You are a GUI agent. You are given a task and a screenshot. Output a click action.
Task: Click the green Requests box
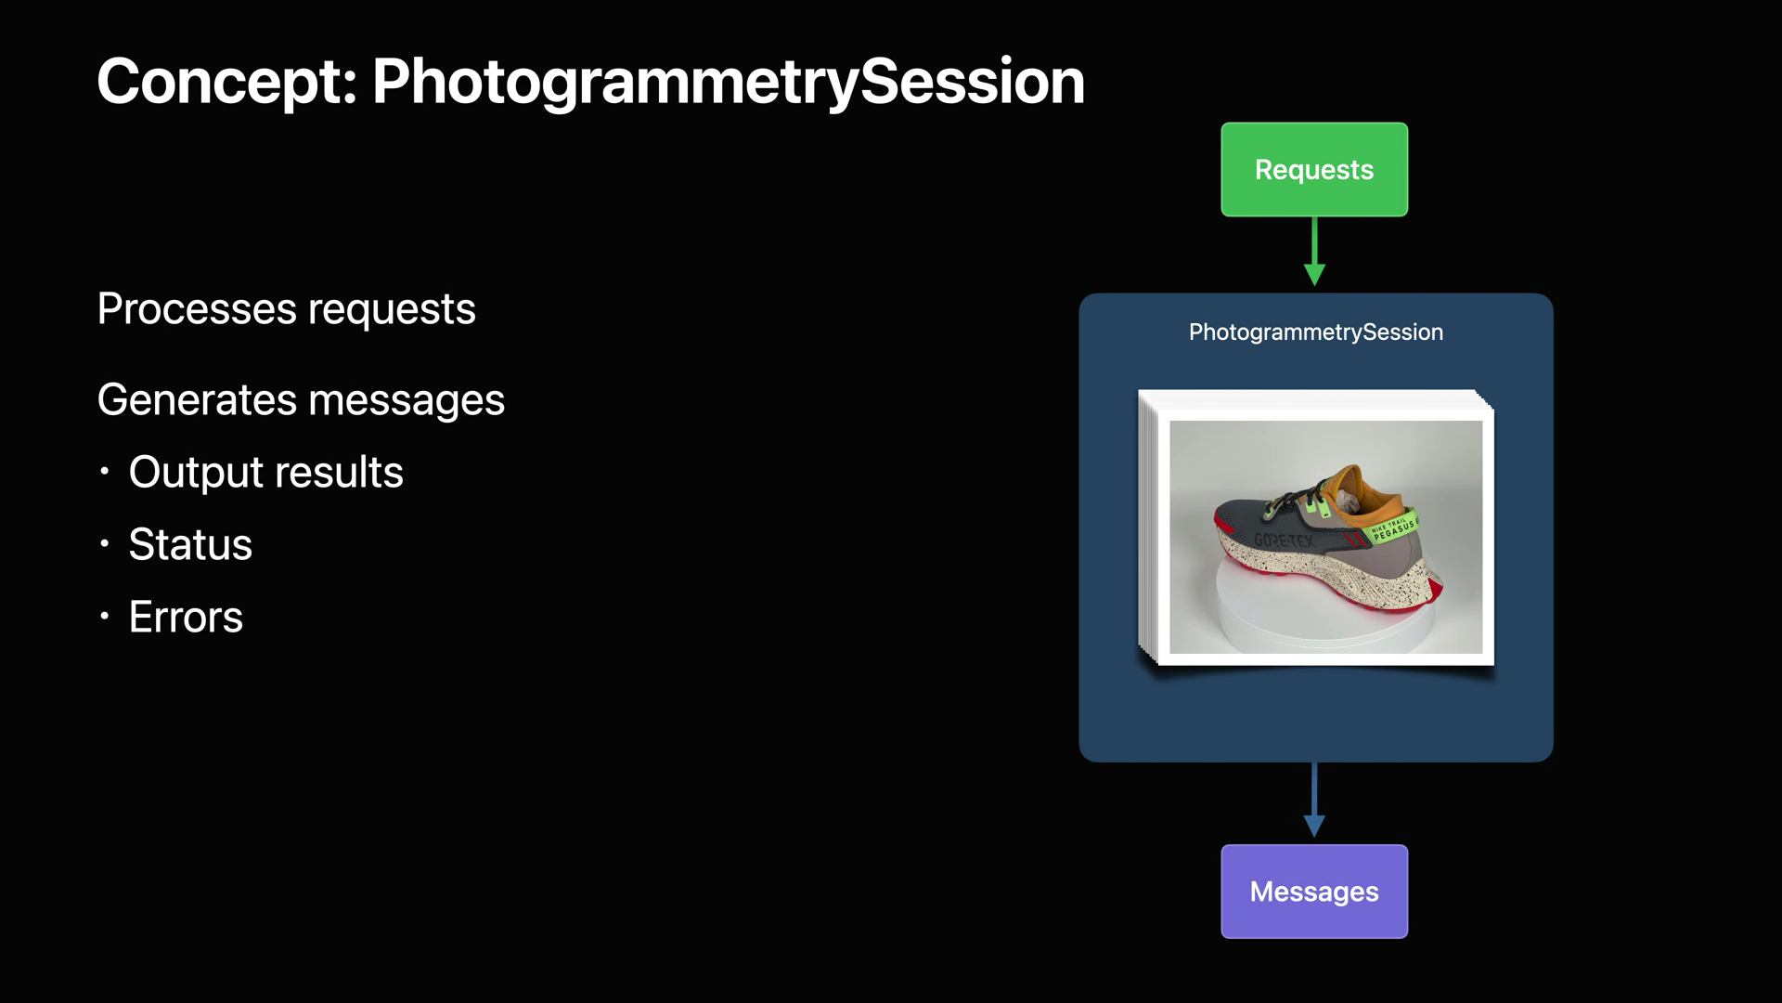point(1314,170)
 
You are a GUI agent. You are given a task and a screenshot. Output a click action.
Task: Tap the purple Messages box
point(1314,892)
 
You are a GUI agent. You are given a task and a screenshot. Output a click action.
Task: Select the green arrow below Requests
point(1314,251)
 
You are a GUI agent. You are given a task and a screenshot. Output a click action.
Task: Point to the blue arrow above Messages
point(1314,800)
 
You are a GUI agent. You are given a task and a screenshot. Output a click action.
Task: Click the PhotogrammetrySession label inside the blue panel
point(1315,332)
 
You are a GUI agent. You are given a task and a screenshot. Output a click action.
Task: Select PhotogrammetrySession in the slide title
point(729,82)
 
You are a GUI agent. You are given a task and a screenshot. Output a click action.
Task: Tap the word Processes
point(197,309)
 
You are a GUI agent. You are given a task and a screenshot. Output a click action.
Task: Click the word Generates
point(198,400)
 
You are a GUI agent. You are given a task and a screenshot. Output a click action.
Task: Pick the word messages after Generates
point(407,401)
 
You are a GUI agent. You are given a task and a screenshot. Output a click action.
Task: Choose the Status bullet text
point(190,544)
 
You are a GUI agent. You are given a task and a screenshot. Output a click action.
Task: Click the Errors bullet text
point(186,617)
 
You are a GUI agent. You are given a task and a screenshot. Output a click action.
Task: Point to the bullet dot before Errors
point(105,616)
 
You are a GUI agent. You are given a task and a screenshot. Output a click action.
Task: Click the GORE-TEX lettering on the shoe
point(1284,540)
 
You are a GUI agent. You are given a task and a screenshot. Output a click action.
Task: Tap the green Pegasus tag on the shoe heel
point(1392,528)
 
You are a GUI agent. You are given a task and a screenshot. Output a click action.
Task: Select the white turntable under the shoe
point(1326,608)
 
